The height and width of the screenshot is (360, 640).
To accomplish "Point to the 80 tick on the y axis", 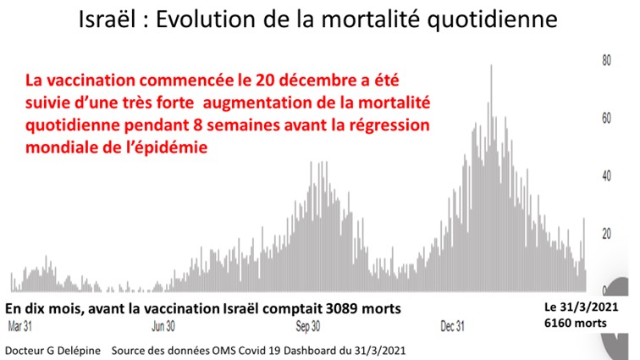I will click(606, 60).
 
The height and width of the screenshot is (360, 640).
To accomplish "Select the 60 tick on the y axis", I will click(606, 119).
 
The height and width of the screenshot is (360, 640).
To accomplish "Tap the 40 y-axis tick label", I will click(606, 176).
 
